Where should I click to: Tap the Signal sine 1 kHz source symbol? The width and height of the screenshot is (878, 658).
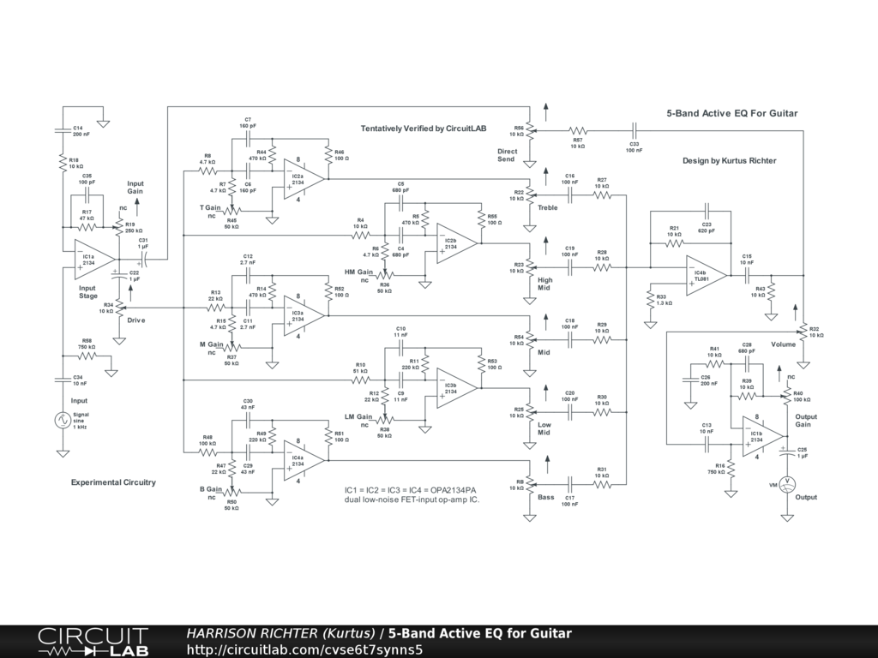click(63, 420)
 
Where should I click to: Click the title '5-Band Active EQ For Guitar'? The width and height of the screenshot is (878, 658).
click(732, 113)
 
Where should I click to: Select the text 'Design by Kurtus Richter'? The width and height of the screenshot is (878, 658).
click(729, 160)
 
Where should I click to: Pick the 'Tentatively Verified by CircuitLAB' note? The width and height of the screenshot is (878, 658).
click(423, 129)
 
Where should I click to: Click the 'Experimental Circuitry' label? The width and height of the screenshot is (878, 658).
click(113, 482)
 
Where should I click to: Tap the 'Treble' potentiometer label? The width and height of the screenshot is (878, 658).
click(548, 207)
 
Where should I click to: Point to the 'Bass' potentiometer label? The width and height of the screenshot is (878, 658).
click(546, 496)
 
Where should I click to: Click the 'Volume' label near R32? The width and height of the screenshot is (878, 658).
click(783, 344)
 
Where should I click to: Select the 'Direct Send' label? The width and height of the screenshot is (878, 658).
click(507, 155)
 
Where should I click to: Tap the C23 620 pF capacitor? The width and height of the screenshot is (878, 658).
click(706, 212)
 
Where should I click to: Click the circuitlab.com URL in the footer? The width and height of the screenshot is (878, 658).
click(304, 649)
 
